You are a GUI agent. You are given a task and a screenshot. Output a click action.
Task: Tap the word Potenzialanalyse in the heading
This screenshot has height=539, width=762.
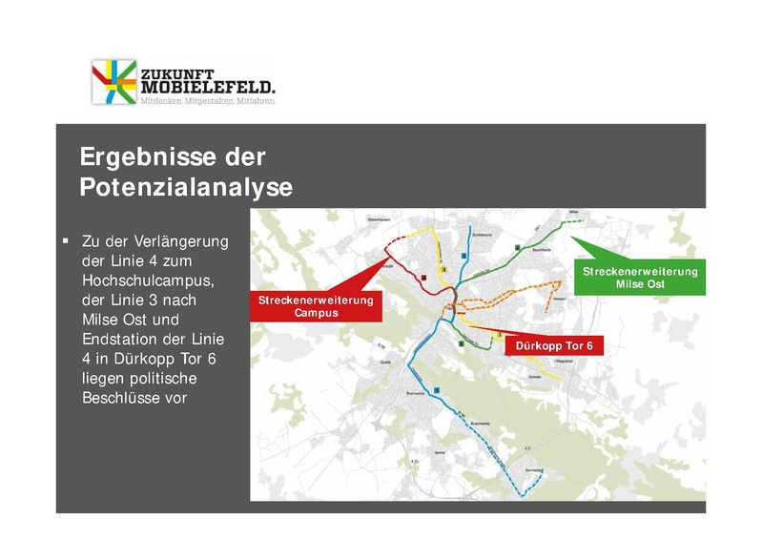coord(185,187)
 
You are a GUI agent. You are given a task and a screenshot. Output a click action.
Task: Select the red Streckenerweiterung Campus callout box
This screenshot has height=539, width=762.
coord(316,305)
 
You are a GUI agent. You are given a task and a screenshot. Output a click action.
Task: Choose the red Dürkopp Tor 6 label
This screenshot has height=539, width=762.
coord(554,346)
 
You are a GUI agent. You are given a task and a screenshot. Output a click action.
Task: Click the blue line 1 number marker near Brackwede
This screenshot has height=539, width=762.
coord(437,390)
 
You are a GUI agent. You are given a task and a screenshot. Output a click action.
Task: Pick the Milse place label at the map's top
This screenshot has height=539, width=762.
coord(574,212)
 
